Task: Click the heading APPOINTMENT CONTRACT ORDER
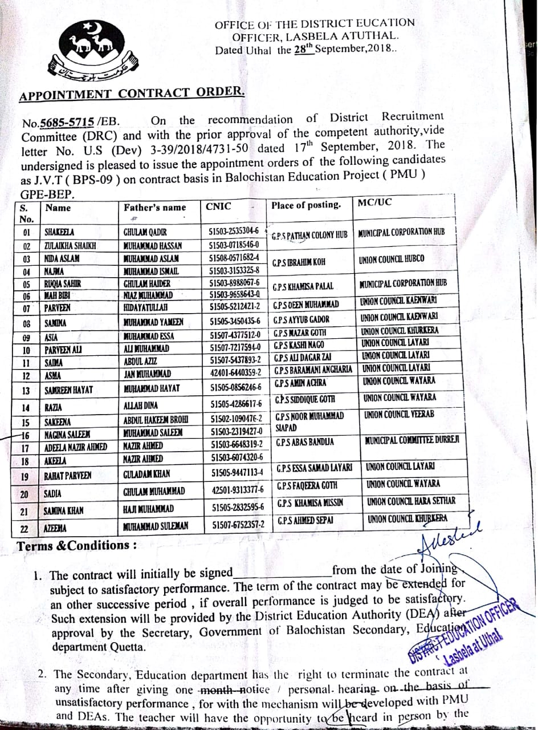pyautogui.click(x=133, y=93)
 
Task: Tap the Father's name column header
pyautogui.click(x=154, y=208)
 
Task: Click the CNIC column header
pyautogui.click(x=219, y=206)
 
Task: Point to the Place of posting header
pyautogui.click(x=306, y=205)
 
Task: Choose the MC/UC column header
pyautogui.click(x=375, y=202)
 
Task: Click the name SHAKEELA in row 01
pyautogui.click(x=60, y=233)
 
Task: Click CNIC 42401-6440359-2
pyautogui.click(x=235, y=372)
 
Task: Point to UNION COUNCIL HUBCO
pyautogui.click(x=392, y=259)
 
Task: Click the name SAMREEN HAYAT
pyautogui.click(x=68, y=391)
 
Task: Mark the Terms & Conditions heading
pyautogui.click(x=77, y=546)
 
